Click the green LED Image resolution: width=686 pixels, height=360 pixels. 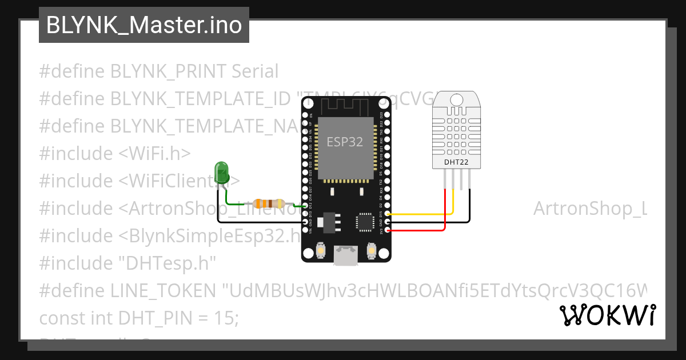(x=221, y=172)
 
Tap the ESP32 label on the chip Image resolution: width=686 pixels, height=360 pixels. (x=345, y=142)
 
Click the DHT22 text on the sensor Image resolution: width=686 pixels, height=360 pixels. (x=456, y=162)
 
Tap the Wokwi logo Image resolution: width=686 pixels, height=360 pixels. (x=607, y=315)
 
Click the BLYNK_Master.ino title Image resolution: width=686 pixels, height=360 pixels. (x=143, y=25)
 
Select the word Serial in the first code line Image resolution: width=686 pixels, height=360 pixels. (x=255, y=71)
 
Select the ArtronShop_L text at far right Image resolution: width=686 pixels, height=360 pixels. (x=589, y=209)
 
